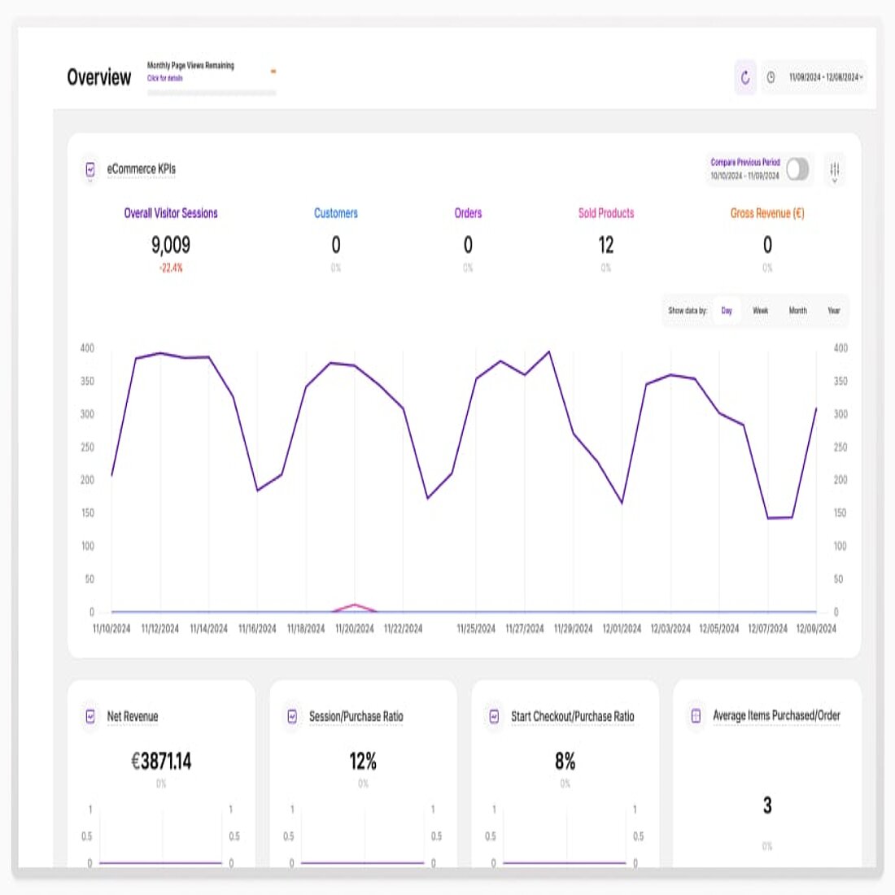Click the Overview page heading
pos(99,77)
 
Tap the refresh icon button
pos(745,78)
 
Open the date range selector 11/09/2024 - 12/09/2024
pos(824,78)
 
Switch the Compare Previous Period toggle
pos(797,169)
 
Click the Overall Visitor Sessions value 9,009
pos(171,245)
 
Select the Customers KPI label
pos(336,213)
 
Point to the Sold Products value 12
pos(606,245)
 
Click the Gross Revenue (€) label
pos(767,213)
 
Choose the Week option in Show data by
pos(761,311)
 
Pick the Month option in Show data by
pos(798,311)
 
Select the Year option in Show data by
pos(834,311)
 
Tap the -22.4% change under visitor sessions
pos(171,268)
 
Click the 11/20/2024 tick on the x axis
pos(355,629)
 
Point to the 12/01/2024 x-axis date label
pos(622,629)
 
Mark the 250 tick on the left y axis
pos(87,447)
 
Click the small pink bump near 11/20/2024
pos(354,605)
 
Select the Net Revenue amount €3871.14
pos(161,762)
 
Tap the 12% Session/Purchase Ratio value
pos(363,762)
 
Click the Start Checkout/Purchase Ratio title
pos(573,717)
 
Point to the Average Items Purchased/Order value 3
pos(767,805)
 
